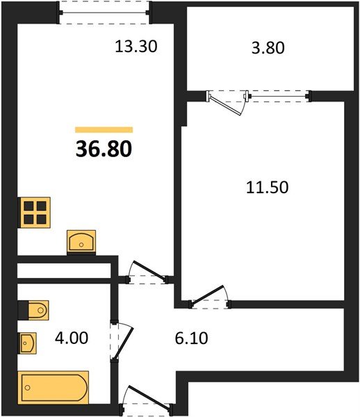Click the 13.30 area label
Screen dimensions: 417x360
(136, 47)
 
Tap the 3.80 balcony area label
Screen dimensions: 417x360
(267, 49)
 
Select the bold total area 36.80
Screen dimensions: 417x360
(104, 149)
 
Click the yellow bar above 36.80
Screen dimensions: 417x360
(104, 129)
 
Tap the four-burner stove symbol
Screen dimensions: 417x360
(35, 212)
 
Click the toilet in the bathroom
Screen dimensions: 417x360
(33, 309)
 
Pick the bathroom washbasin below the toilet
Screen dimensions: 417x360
(28, 343)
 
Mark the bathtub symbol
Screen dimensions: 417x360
(54, 386)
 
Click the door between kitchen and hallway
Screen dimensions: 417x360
(147, 275)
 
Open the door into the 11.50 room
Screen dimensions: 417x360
(210, 297)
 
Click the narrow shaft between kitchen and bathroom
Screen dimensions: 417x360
(64, 271)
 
